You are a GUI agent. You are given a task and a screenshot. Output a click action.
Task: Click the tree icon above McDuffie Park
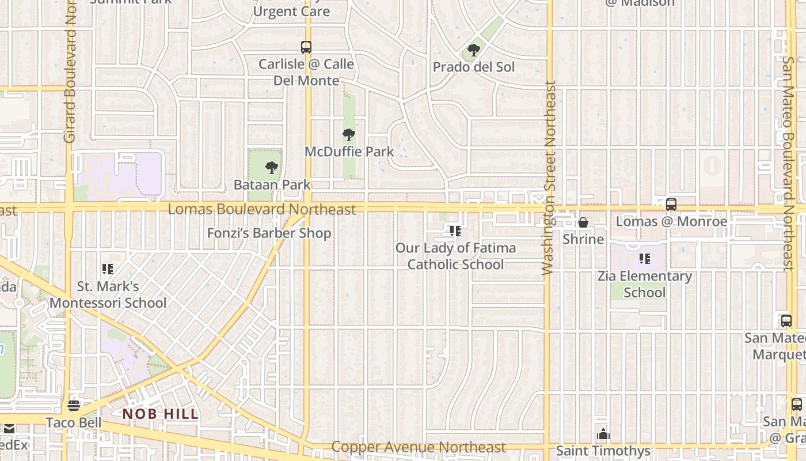348,135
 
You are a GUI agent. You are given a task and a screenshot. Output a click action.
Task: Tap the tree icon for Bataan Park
272,168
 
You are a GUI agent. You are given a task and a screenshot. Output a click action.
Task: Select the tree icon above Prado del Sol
474,50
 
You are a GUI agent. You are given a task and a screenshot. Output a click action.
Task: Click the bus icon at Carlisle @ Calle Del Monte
306,47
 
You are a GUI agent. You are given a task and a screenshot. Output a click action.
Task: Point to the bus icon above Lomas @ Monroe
671,205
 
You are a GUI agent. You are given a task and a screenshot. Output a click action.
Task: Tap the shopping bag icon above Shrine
583,222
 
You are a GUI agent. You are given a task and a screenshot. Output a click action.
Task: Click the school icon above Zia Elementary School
645,259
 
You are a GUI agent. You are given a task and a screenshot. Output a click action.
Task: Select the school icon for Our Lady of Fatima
455,232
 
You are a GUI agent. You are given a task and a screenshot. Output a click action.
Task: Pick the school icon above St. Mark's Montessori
107,269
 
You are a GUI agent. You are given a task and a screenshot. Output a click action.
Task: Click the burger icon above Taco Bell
74,406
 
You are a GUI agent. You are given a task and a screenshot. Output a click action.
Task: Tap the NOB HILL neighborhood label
161,414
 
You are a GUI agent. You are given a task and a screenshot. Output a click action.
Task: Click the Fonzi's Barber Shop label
269,233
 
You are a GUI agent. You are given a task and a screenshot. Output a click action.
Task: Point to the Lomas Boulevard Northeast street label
262,209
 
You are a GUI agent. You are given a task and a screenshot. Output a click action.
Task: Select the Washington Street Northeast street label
549,177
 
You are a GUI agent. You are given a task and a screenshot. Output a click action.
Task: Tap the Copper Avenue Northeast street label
419,447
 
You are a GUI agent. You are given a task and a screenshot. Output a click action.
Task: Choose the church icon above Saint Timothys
603,433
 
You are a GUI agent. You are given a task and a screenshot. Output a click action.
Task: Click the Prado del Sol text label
474,67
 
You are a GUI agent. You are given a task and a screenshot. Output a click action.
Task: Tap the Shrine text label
583,239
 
